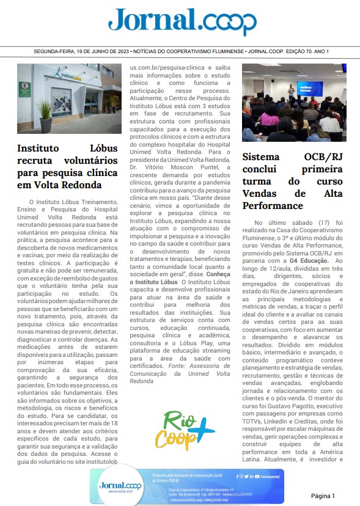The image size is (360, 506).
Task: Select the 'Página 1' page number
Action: tap(323, 495)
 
